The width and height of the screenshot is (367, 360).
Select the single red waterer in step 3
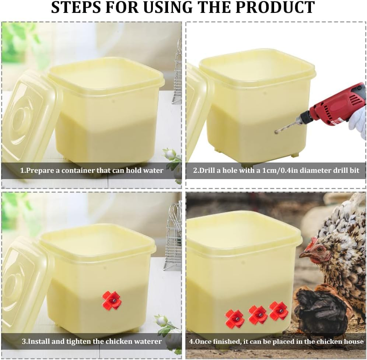coord(111,300)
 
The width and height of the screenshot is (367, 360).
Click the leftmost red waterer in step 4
coord(234,318)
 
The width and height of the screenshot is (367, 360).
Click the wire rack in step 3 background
coord(174,236)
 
